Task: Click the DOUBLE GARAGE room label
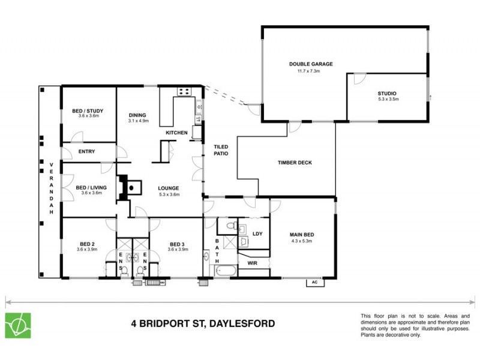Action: (310, 64)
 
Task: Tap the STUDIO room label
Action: (386, 94)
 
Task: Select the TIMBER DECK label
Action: (295, 163)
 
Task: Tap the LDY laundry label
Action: (257, 234)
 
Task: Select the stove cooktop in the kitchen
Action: (184, 92)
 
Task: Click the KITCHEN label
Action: (178, 133)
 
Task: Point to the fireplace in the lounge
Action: (130, 187)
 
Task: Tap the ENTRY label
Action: (87, 151)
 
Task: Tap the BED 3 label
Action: (176, 244)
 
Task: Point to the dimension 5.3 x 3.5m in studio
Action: (386, 100)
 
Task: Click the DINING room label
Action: (137, 115)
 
